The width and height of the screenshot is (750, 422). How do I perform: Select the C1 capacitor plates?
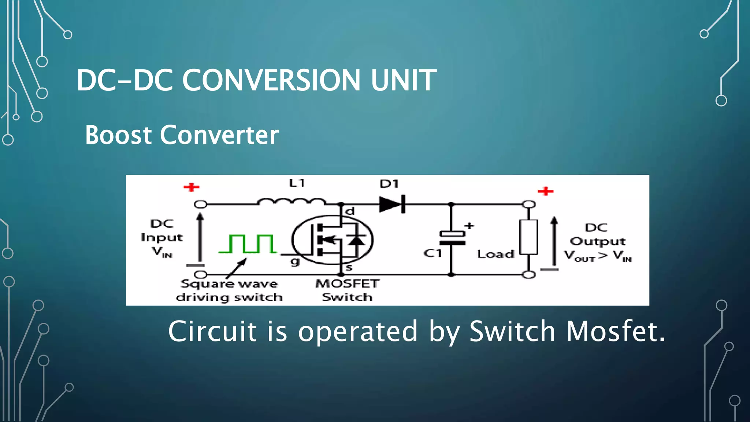tap(452, 238)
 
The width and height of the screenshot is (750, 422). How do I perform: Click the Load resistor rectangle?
tap(528, 237)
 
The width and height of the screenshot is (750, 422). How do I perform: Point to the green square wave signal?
tap(248, 244)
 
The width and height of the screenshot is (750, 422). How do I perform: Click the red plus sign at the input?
tap(191, 188)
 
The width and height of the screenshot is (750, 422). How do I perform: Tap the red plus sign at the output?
tap(545, 191)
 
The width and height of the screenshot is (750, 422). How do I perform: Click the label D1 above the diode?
tap(389, 184)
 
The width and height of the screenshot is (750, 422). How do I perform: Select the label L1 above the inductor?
tap(297, 183)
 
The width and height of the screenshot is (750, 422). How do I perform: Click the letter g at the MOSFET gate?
tap(295, 262)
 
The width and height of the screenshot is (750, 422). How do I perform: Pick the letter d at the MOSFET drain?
tap(350, 211)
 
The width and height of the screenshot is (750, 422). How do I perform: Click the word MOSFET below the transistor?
tap(347, 284)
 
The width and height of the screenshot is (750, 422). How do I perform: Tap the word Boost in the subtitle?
tap(118, 135)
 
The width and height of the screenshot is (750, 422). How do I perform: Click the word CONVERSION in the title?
tap(271, 80)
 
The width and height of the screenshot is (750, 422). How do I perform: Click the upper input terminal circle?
tap(200, 204)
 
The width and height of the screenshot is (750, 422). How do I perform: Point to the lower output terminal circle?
tap(528, 274)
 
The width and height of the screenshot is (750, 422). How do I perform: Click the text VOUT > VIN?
tap(598, 256)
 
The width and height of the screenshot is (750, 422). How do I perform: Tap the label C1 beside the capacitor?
tap(432, 253)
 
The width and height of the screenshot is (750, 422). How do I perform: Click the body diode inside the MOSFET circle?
tap(356, 240)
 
